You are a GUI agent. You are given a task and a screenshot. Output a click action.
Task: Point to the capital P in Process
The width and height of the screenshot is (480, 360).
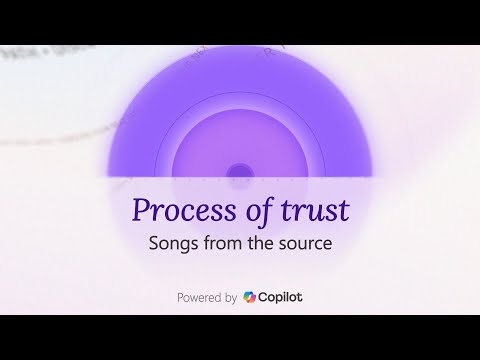point(141,212)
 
